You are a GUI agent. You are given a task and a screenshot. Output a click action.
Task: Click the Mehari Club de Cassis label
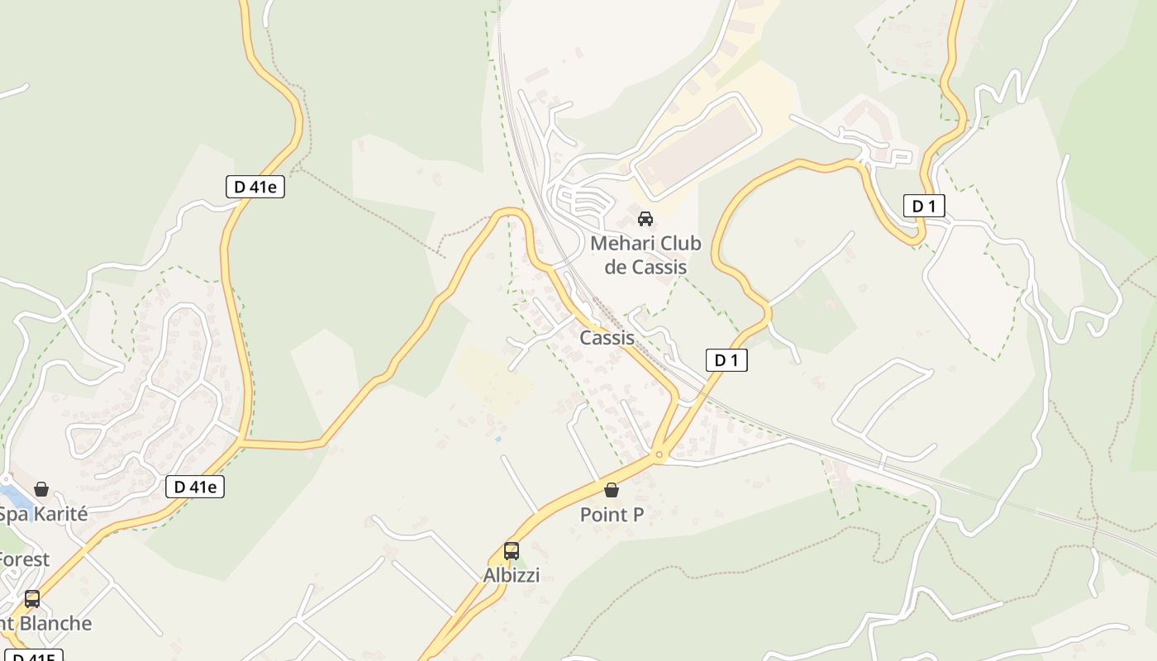click(645, 254)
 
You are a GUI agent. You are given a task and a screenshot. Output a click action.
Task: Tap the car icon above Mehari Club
click(645, 219)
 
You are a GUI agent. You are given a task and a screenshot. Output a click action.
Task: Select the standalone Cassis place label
click(607, 337)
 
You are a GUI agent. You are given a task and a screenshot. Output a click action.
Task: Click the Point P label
click(612, 515)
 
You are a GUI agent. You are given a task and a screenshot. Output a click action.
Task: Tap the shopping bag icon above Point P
click(612, 490)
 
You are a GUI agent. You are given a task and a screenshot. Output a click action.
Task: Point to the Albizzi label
click(512, 575)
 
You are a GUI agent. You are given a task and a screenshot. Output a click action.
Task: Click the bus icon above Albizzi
click(512, 551)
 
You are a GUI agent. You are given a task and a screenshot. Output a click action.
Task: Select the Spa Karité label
click(42, 514)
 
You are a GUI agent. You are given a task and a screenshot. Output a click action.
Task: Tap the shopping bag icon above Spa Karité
click(41, 489)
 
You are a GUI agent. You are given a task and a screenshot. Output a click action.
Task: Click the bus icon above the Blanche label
click(32, 599)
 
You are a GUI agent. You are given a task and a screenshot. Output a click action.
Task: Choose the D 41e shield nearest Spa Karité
click(194, 487)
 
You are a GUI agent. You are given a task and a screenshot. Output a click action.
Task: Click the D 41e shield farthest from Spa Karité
click(255, 187)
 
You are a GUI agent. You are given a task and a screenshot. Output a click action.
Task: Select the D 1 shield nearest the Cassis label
click(726, 360)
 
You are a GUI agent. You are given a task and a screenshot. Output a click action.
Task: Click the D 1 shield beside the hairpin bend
click(923, 206)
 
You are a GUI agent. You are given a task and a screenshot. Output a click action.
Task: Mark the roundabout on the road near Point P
click(659, 454)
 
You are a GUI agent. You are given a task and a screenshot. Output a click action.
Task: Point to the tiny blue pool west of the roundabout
click(498, 439)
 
